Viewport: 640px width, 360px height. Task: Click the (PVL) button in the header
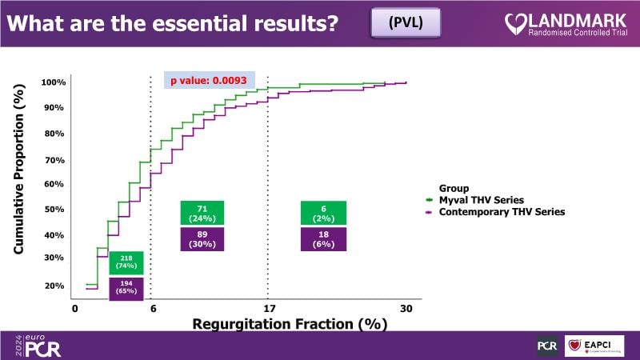[406, 22]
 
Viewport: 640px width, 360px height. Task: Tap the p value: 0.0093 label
[209, 80]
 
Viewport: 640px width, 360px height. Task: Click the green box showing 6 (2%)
[324, 213]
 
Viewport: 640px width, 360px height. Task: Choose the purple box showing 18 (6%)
[324, 239]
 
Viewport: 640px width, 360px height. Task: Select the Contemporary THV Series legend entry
[500, 212]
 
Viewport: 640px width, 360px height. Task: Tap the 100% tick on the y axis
[53, 82]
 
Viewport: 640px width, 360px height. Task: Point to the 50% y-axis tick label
[53, 210]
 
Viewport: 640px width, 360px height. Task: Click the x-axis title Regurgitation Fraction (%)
[290, 324]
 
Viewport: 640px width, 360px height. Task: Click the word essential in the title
[187, 22]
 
